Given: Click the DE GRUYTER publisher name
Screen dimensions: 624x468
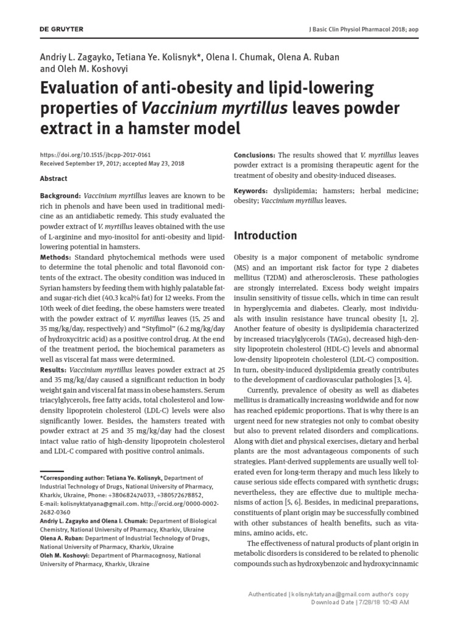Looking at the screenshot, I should (x=62, y=30).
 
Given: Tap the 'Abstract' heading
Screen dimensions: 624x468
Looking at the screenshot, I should (x=54, y=179).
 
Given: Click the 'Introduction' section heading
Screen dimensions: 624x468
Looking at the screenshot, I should (x=266, y=235).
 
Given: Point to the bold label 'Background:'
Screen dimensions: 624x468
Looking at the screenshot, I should (x=60, y=195).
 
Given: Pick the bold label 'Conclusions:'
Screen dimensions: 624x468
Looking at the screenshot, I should (x=255, y=155).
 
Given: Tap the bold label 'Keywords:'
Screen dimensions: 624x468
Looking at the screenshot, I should (x=252, y=191).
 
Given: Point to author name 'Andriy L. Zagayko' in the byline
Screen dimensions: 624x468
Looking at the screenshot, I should (x=80, y=57).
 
